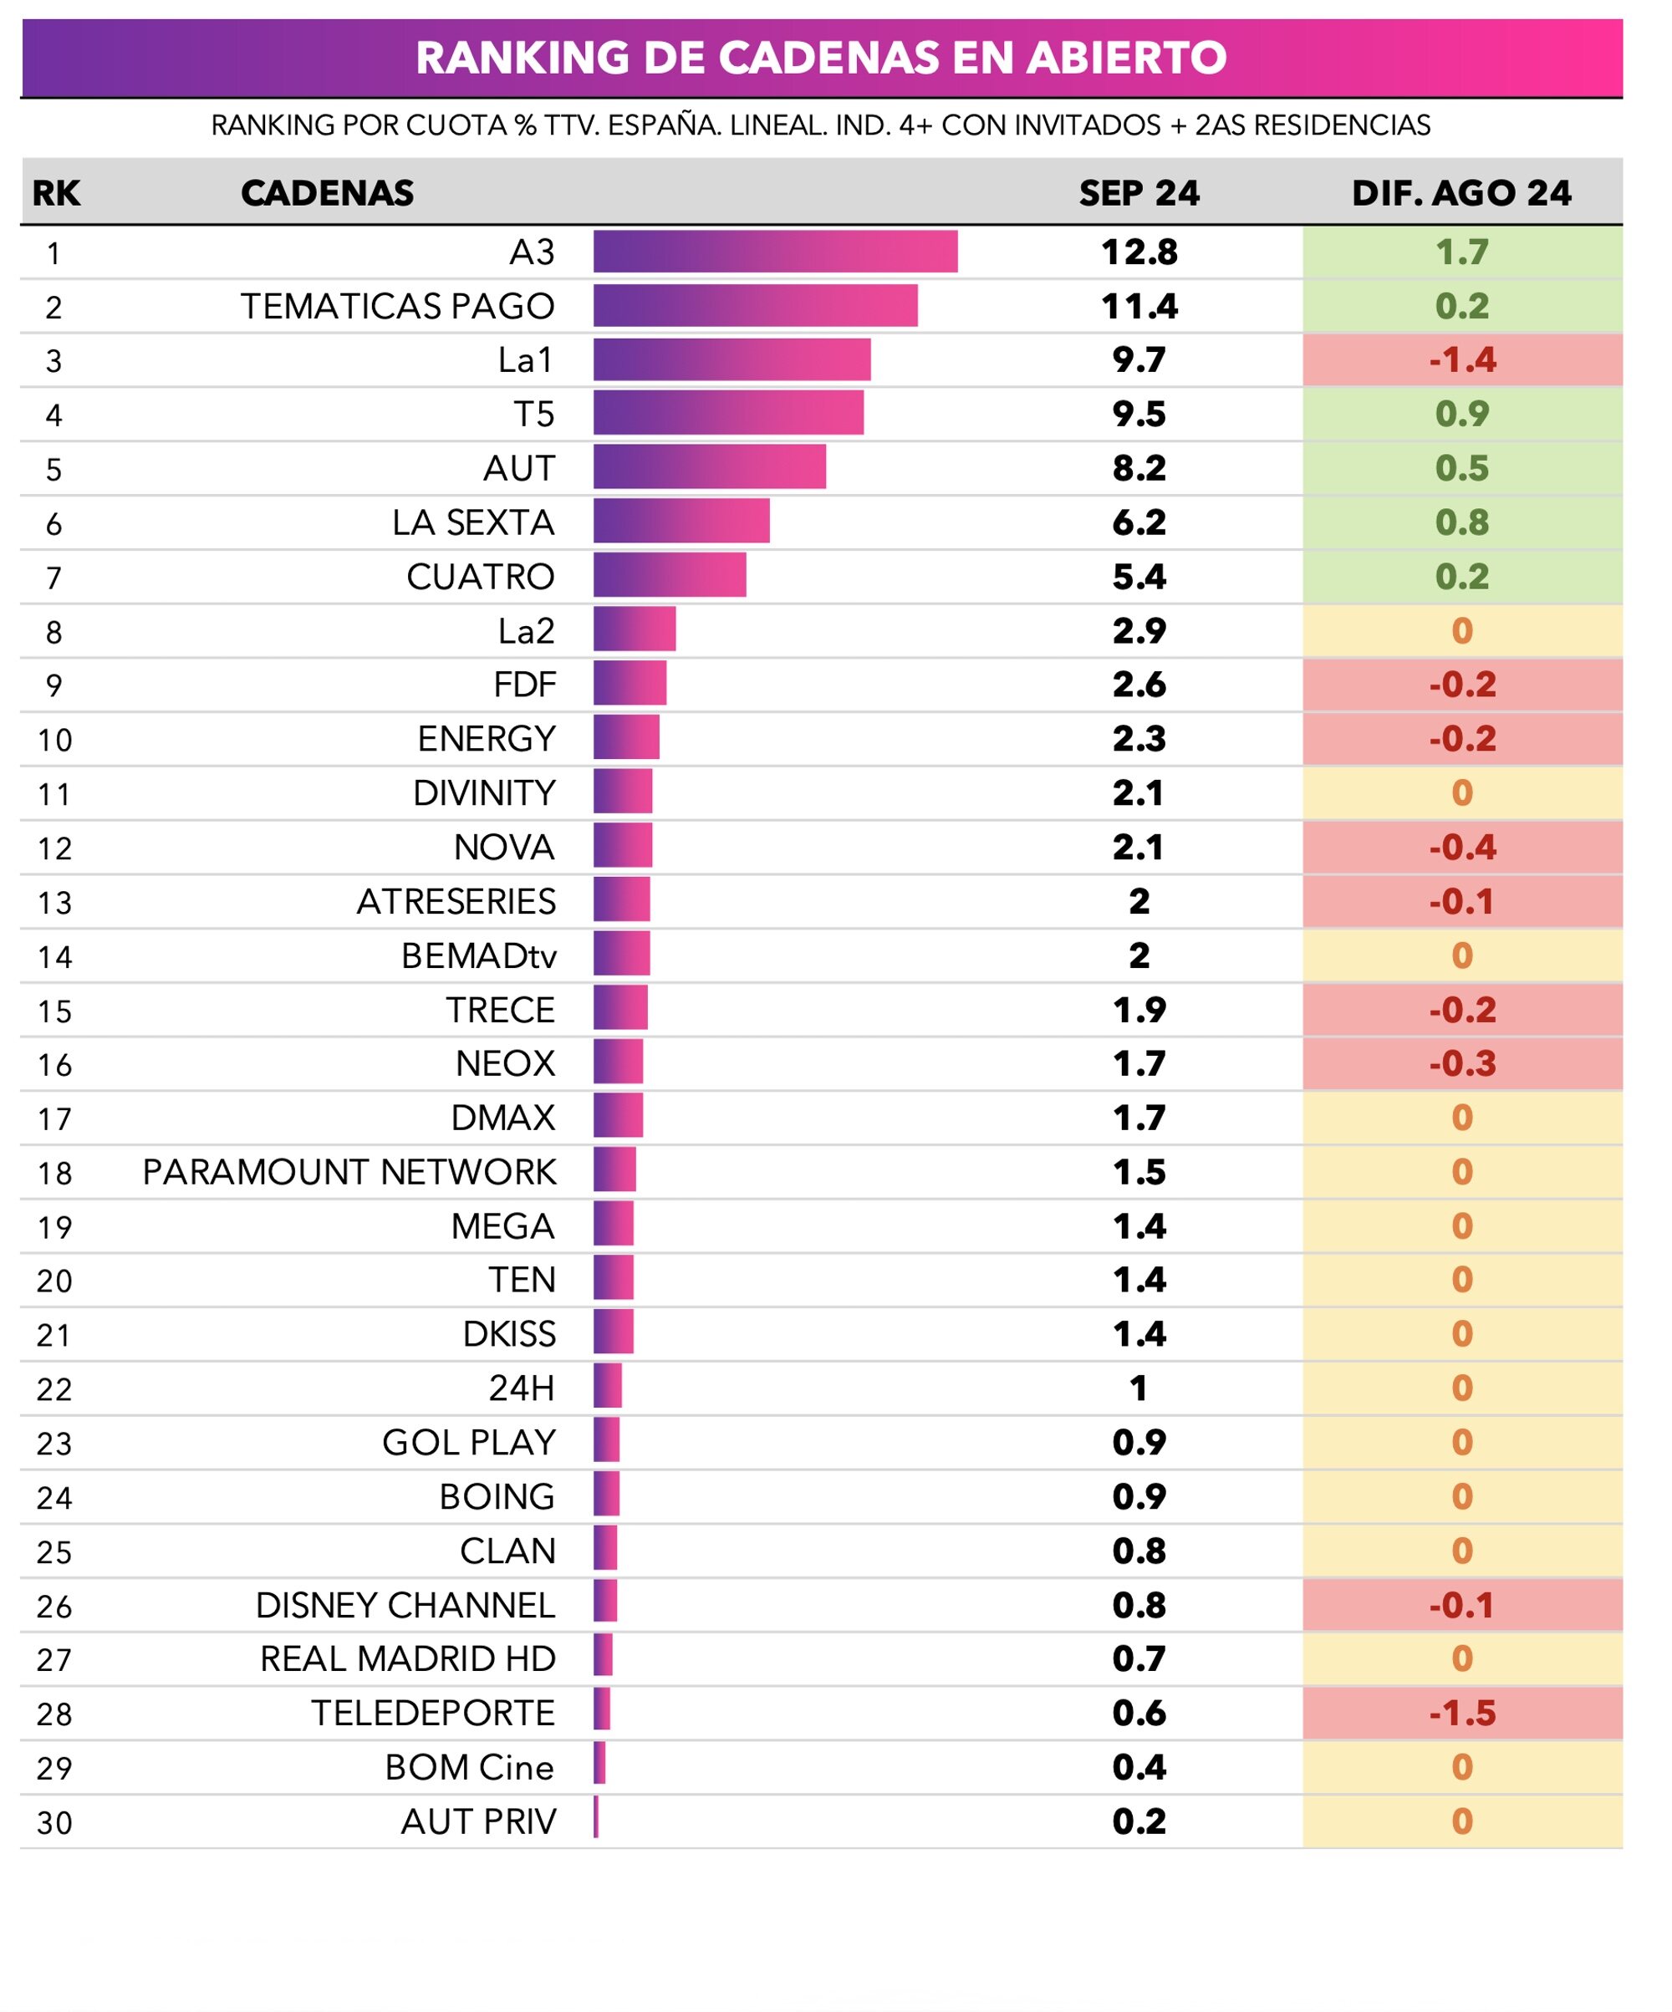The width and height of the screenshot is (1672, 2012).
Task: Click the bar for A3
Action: coord(774,252)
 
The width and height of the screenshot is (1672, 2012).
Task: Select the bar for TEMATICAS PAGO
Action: coord(754,306)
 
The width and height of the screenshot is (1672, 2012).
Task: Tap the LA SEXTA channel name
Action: coord(472,523)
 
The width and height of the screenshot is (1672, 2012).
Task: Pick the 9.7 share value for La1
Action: coord(1139,360)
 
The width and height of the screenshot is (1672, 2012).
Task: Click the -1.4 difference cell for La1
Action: coord(1461,360)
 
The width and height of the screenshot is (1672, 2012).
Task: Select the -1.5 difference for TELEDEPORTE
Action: coord(1461,1713)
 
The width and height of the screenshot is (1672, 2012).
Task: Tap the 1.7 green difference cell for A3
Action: coord(1461,252)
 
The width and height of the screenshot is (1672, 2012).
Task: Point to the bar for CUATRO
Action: coord(669,577)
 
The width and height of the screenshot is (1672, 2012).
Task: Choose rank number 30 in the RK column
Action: coord(54,1822)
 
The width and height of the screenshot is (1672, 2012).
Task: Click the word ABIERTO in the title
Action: coord(1126,58)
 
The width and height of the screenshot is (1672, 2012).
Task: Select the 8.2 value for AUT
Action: coord(1139,468)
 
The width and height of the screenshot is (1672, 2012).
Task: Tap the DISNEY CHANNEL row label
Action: coord(405,1606)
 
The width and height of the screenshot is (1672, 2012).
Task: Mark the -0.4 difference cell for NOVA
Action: coord(1461,848)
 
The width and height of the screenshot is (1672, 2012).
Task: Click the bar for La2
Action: coord(634,630)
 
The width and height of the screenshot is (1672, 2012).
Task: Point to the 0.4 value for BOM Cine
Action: coord(1139,1768)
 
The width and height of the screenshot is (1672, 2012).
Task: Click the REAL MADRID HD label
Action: coord(407,1659)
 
